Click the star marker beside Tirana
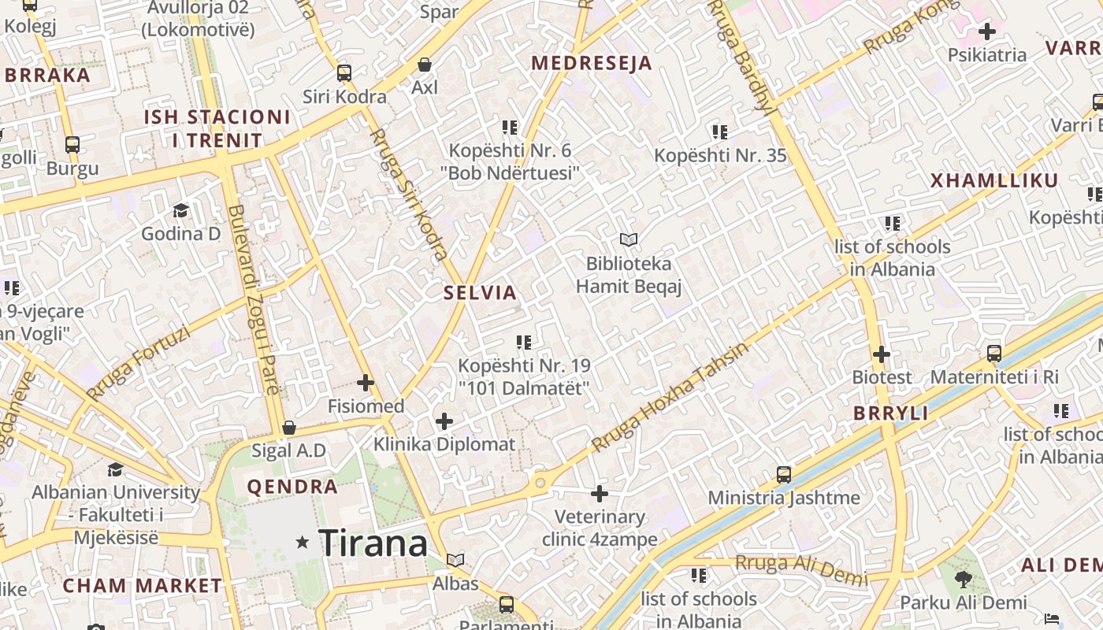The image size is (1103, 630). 302,542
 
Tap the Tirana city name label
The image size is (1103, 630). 373,543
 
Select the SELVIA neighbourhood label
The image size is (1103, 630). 480,293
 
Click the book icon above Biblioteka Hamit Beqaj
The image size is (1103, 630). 628,239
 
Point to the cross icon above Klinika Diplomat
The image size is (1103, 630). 444,421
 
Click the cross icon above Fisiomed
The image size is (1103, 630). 366,384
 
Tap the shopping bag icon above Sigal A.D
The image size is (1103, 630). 289,428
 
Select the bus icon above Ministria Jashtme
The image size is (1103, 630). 783,474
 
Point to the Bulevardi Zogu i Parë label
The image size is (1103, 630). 254,299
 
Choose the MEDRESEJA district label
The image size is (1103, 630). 592,64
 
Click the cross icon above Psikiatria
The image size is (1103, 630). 986,31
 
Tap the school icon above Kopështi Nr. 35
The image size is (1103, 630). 719,132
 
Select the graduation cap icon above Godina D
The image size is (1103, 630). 180,209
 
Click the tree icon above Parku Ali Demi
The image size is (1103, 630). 963,580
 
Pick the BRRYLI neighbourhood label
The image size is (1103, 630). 890,413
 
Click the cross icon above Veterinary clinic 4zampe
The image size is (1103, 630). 600,494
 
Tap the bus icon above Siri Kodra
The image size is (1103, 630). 344,73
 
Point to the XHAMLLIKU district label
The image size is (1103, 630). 994,181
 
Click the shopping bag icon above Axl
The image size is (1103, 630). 425,64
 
